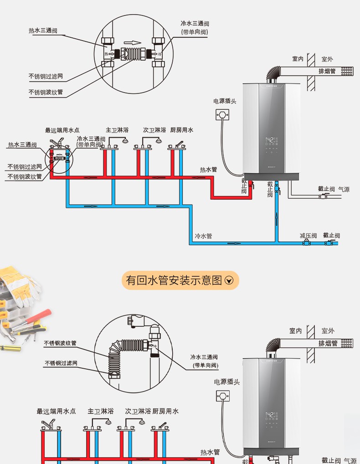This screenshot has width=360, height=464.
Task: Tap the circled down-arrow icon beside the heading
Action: [x=229, y=280]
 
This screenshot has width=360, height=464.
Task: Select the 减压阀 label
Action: [x=308, y=236]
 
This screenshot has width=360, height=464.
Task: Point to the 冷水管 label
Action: [x=203, y=236]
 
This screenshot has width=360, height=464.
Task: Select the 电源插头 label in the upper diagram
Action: [x=225, y=101]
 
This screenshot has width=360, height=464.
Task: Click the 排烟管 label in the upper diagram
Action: [x=327, y=71]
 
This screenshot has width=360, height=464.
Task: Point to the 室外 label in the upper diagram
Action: [x=327, y=59]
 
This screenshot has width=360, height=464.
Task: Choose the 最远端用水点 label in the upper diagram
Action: [x=62, y=130]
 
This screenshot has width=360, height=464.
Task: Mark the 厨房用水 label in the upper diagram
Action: [x=182, y=130]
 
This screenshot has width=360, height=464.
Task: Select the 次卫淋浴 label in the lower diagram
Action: [x=138, y=411]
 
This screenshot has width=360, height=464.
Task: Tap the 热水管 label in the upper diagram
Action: [x=208, y=170]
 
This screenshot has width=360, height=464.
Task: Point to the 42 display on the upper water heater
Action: [x=270, y=139]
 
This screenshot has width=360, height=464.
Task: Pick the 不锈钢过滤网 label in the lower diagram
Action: [x=61, y=363]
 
